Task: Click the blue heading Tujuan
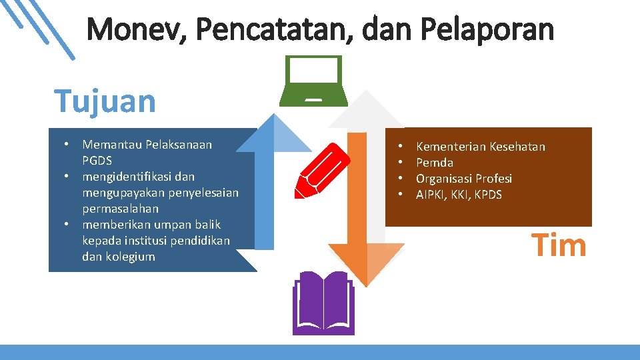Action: tap(105, 101)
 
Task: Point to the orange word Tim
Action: tap(559, 245)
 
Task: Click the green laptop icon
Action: tap(313, 81)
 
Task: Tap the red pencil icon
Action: tap(322, 171)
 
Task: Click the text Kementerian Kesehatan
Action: tap(480, 147)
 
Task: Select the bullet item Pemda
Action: tap(435, 163)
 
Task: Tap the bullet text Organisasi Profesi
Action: tap(464, 179)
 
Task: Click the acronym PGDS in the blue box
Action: tap(97, 161)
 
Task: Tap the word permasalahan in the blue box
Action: tap(121, 209)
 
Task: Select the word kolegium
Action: tap(131, 257)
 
